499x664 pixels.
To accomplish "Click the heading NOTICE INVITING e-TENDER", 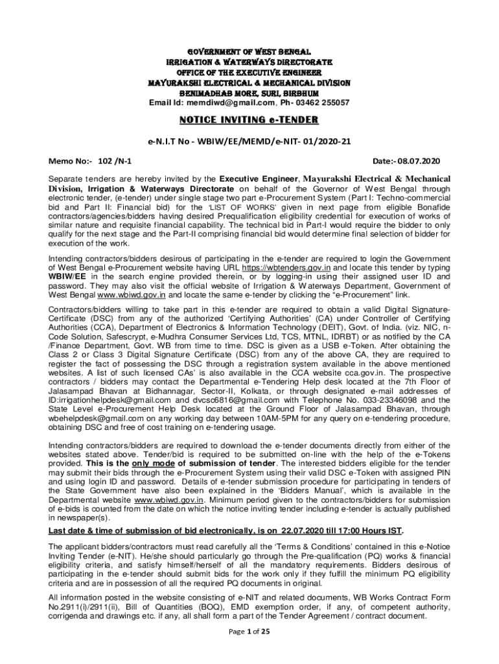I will (250, 120).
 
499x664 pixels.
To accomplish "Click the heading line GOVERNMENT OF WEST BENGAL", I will (250, 51).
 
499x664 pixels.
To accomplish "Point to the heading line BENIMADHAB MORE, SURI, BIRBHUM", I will (250, 93).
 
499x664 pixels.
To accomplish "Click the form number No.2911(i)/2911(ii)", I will (89, 606).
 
